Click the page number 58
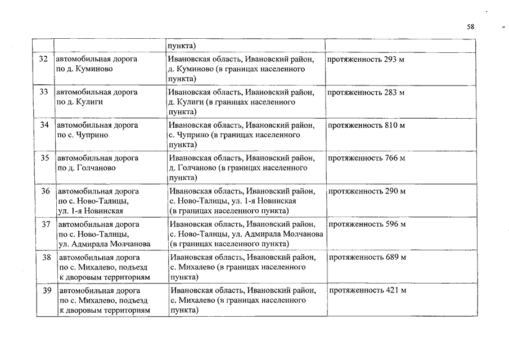[471, 26]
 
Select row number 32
[43, 59]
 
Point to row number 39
[47, 290]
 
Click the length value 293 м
[394, 59]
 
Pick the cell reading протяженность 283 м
[366, 92]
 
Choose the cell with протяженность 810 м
[366, 125]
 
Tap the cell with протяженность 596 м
[367, 224]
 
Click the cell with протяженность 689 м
[367, 257]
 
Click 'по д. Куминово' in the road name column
[84, 69]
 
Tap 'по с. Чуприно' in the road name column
[83, 135]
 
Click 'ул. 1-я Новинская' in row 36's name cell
[91, 211]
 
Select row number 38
[47, 257]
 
